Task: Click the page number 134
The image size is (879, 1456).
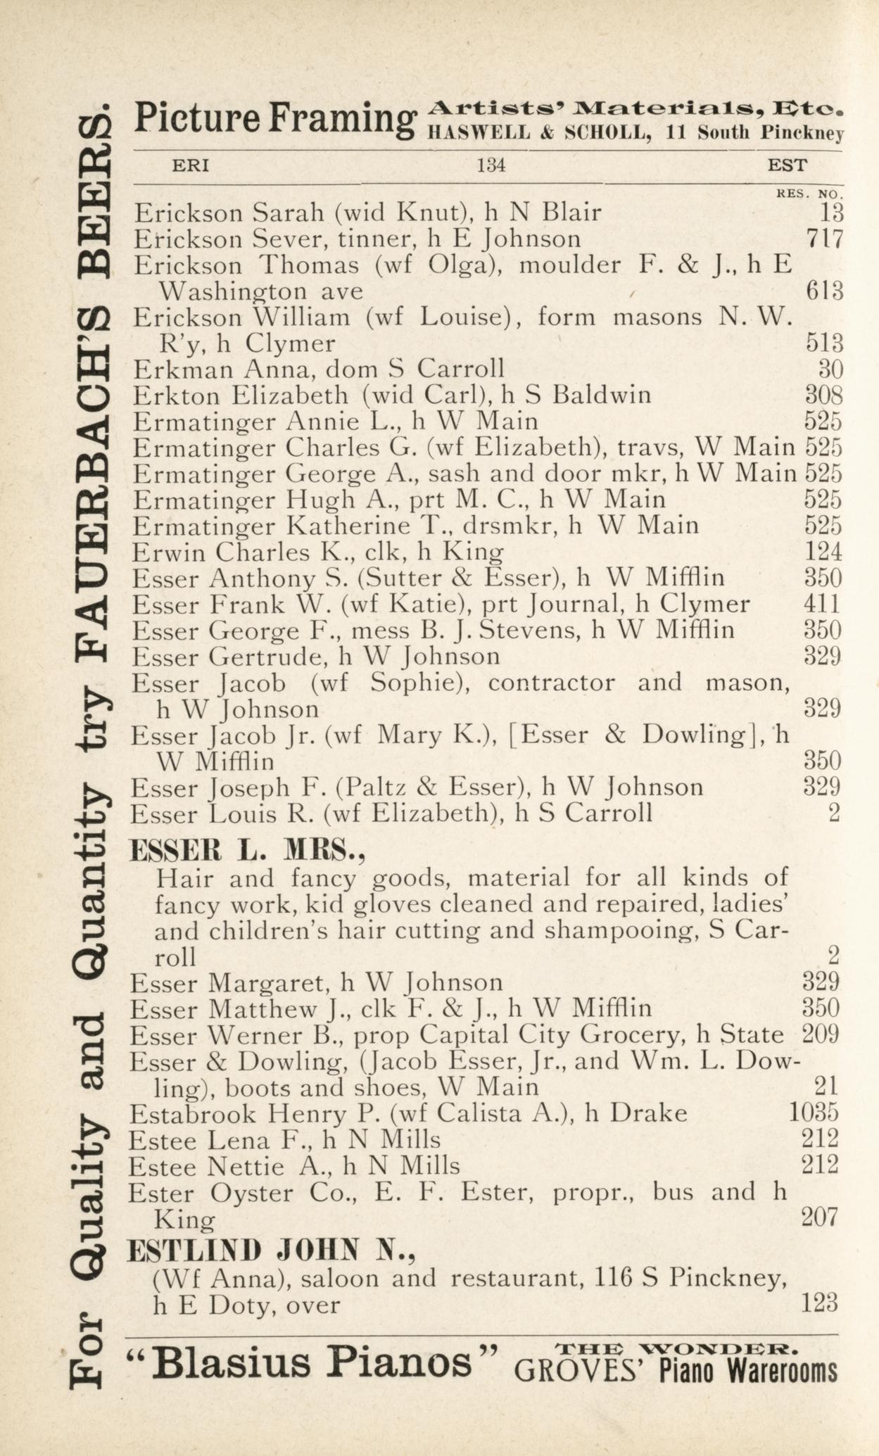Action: coord(491,166)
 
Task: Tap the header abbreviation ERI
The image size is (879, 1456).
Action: coord(191,166)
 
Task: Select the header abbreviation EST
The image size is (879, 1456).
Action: coord(787,166)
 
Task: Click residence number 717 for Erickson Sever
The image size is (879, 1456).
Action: coord(824,239)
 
